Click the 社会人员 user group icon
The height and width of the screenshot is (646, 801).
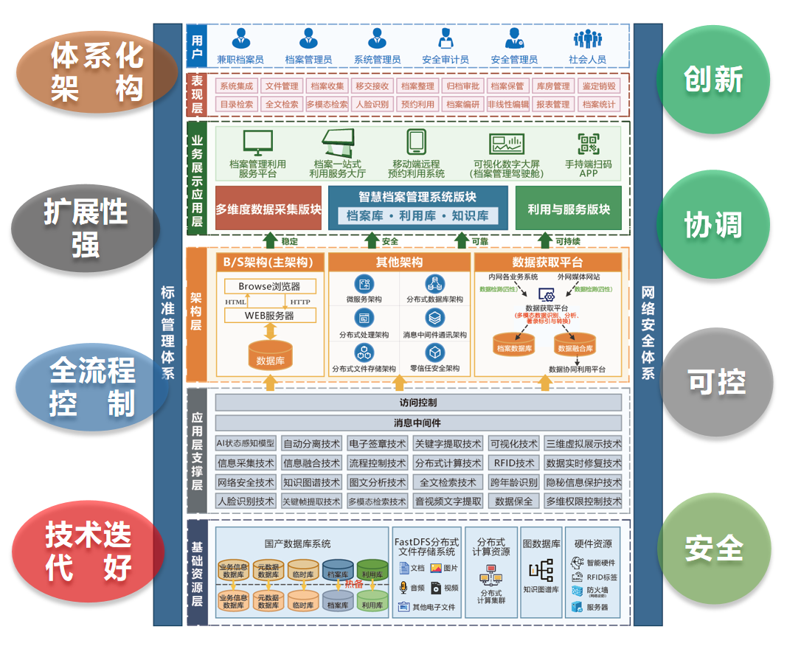point(588,38)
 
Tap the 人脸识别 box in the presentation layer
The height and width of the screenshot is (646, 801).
point(372,105)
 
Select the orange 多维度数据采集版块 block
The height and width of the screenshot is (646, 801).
point(268,209)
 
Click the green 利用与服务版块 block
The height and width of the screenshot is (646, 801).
point(568,209)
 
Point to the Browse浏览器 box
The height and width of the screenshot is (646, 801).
point(269,286)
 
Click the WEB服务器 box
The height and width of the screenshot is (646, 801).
point(269,316)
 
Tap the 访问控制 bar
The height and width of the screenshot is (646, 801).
point(418,403)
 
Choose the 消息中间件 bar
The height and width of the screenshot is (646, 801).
point(418,423)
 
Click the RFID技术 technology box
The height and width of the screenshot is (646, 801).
point(514,463)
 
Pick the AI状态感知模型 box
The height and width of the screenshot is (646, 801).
point(246,444)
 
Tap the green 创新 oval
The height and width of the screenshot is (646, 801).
point(712,80)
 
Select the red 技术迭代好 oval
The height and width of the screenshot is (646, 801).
point(89,551)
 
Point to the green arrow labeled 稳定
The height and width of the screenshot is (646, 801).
point(271,241)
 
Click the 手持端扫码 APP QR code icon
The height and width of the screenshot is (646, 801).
point(588,144)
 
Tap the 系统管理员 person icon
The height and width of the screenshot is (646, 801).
point(377,38)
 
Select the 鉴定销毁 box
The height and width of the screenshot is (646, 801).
point(598,86)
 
